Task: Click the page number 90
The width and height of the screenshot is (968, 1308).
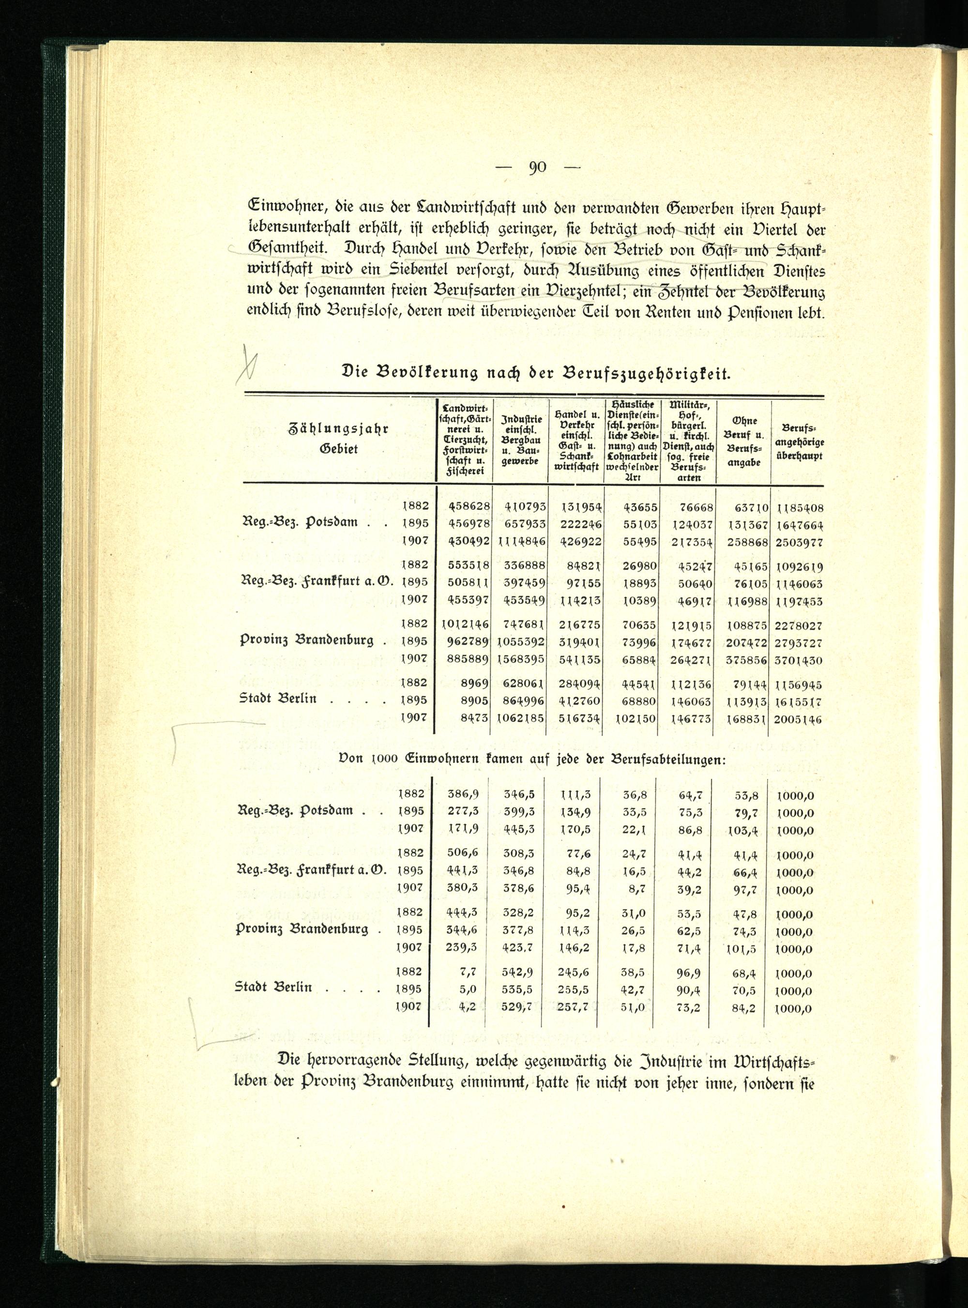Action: click(537, 167)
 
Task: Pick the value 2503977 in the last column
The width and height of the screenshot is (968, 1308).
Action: click(799, 542)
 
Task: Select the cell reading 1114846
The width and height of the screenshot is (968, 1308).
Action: click(521, 542)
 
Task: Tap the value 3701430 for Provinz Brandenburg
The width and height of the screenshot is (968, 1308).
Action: click(799, 660)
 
